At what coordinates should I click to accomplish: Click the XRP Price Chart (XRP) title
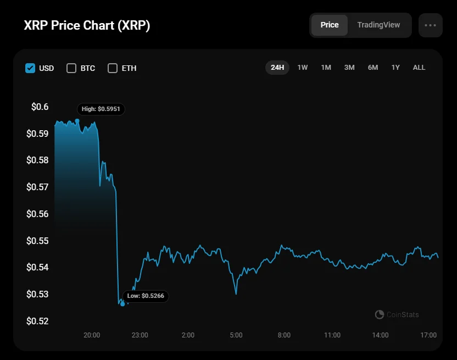(x=87, y=25)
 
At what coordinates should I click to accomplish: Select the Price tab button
(x=330, y=25)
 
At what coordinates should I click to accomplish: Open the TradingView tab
(x=378, y=25)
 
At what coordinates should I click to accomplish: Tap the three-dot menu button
(x=430, y=25)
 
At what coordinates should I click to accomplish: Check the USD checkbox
(x=31, y=68)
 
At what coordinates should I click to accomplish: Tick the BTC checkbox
(x=71, y=68)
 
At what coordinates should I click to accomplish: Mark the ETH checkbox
(x=113, y=68)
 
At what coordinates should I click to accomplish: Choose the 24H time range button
(x=277, y=68)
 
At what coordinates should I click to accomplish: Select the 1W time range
(x=303, y=68)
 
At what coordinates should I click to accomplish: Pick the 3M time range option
(x=349, y=68)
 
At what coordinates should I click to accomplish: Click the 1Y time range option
(x=395, y=68)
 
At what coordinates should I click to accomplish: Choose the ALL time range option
(x=419, y=68)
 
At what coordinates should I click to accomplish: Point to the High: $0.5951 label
(x=101, y=109)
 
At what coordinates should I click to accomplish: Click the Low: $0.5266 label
(x=146, y=296)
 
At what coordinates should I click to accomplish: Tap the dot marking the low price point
(x=122, y=303)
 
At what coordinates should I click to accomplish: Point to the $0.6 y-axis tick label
(x=40, y=107)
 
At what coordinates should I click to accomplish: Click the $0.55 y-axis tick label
(x=37, y=241)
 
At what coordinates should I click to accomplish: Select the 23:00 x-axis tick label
(x=140, y=335)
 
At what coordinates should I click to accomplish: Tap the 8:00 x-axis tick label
(x=284, y=335)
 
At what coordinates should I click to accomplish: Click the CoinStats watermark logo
(x=379, y=314)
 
